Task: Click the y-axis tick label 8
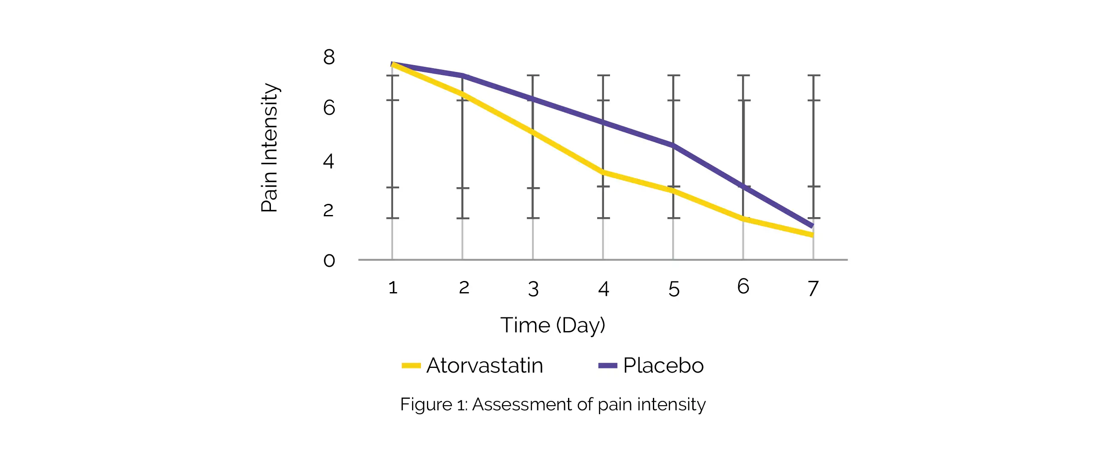click(x=329, y=57)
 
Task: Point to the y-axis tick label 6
click(x=329, y=107)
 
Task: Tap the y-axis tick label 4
click(x=328, y=161)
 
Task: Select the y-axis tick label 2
click(x=328, y=210)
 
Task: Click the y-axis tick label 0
click(x=329, y=260)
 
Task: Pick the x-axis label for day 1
click(x=392, y=287)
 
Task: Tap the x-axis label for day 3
click(x=533, y=289)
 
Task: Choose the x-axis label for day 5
click(x=673, y=289)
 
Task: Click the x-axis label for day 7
click(x=813, y=288)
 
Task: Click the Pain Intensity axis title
click(x=270, y=148)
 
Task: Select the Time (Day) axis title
click(x=553, y=325)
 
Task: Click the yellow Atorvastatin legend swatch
click(x=411, y=366)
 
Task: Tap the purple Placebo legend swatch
click(x=607, y=366)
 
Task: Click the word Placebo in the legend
click(x=663, y=366)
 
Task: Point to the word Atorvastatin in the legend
click(x=485, y=366)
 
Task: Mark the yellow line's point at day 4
click(x=603, y=173)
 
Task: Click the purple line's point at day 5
click(x=673, y=146)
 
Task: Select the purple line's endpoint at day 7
click(x=811, y=225)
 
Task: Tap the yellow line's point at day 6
click(x=743, y=219)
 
